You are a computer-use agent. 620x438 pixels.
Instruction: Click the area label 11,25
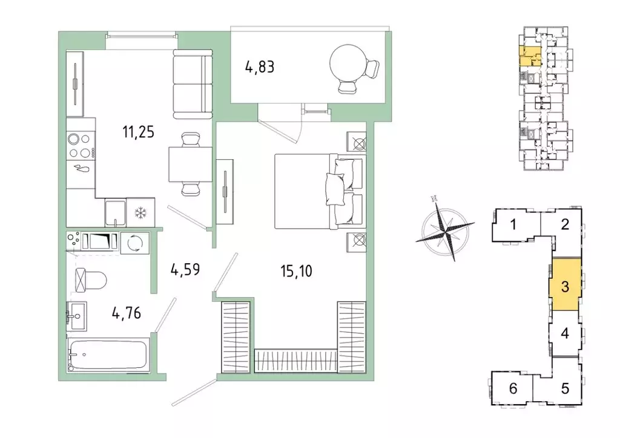[139, 132]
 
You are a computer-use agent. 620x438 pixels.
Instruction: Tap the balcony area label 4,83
[260, 67]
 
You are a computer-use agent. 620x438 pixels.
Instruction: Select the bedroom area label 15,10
[296, 272]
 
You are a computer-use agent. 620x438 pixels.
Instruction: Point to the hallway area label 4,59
[185, 270]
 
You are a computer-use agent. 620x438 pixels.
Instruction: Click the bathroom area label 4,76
[127, 313]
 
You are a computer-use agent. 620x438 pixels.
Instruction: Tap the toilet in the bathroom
[91, 280]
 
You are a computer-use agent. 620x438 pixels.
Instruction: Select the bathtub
[109, 355]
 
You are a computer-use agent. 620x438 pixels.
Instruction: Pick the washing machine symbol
[135, 242]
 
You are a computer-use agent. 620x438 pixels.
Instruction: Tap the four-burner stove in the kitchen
[81, 146]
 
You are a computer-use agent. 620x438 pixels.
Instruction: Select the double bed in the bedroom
[319, 191]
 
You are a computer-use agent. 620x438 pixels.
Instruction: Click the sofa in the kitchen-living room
[193, 84]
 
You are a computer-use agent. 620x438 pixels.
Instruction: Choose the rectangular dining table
[191, 164]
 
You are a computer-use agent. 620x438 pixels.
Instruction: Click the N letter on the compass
[434, 198]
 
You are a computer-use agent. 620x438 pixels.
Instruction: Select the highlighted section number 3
[565, 287]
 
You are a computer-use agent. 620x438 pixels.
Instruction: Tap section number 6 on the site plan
[513, 388]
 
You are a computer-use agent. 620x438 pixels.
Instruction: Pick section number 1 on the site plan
[513, 224]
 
